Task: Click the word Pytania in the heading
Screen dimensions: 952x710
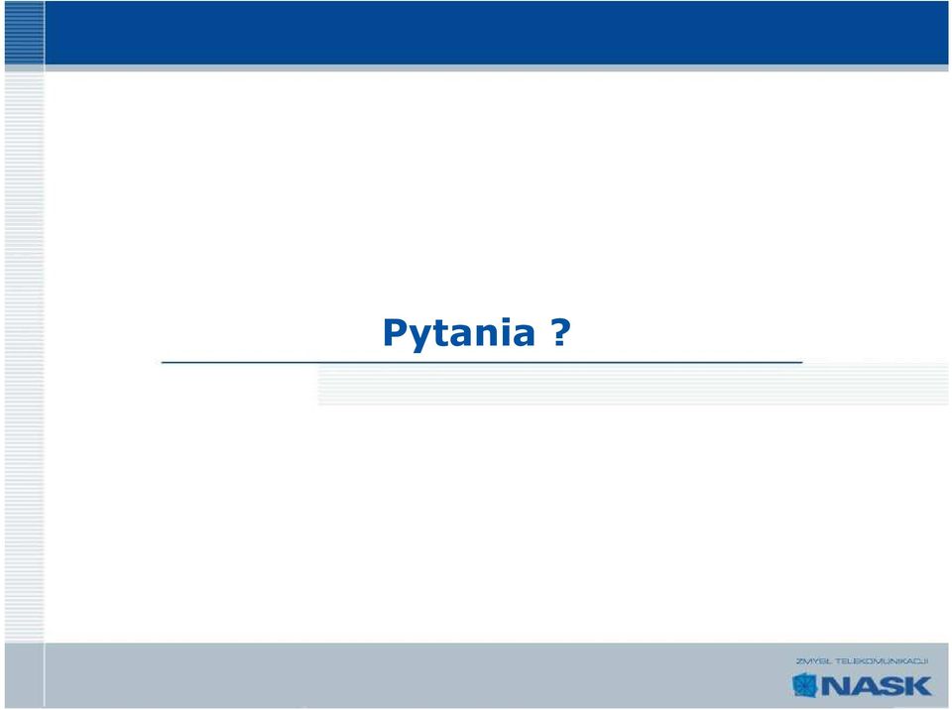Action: [459, 333]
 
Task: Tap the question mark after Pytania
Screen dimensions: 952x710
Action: [561, 332]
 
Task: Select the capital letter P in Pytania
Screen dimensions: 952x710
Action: [396, 332]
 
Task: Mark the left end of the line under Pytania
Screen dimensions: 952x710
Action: [162, 363]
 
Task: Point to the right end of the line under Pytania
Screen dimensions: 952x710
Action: [802, 363]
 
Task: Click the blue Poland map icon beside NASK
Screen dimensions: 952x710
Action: [805, 685]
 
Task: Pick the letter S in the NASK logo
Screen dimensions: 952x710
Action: [891, 686]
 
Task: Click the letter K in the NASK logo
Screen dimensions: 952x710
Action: [917, 686]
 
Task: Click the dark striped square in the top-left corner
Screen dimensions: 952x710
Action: [24, 32]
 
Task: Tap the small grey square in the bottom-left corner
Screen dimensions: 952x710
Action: [24, 674]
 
